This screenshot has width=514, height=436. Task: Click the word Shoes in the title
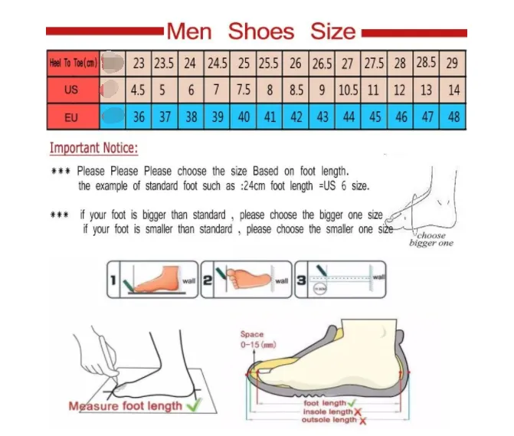(x=260, y=31)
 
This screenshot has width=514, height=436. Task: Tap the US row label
(x=71, y=90)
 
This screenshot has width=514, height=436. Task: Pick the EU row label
(x=71, y=117)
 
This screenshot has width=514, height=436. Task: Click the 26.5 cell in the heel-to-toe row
(x=322, y=63)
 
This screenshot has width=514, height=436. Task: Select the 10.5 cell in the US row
(x=348, y=90)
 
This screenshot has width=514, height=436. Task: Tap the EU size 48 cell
(x=453, y=117)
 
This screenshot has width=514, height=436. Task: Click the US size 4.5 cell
(x=138, y=90)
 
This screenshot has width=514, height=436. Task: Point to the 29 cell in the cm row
(x=453, y=63)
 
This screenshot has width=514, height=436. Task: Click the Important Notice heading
(x=94, y=148)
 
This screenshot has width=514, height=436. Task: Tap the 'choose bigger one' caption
(x=431, y=239)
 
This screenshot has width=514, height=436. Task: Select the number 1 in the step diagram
(x=113, y=281)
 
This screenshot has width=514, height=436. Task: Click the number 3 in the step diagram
(x=302, y=281)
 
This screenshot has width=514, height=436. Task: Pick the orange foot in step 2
(x=247, y=277)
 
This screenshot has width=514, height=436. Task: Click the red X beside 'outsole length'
(x=362, y=421)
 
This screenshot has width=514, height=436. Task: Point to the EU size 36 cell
(x=139, y=117)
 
